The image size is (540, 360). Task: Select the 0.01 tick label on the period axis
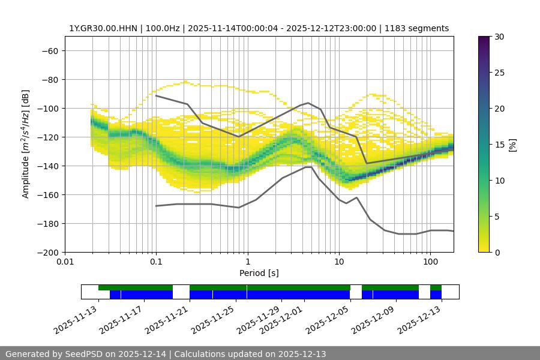point(65,262)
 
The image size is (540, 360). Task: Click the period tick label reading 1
point(247,262)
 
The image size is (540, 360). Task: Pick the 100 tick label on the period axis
point(430,262)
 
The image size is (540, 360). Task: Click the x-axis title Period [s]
point(259,273)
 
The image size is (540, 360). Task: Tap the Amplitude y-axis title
point(26,145)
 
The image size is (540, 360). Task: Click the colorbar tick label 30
point(499,37)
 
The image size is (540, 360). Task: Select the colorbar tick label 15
point(499,145)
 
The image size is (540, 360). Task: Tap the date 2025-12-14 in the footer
point(142,354)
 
